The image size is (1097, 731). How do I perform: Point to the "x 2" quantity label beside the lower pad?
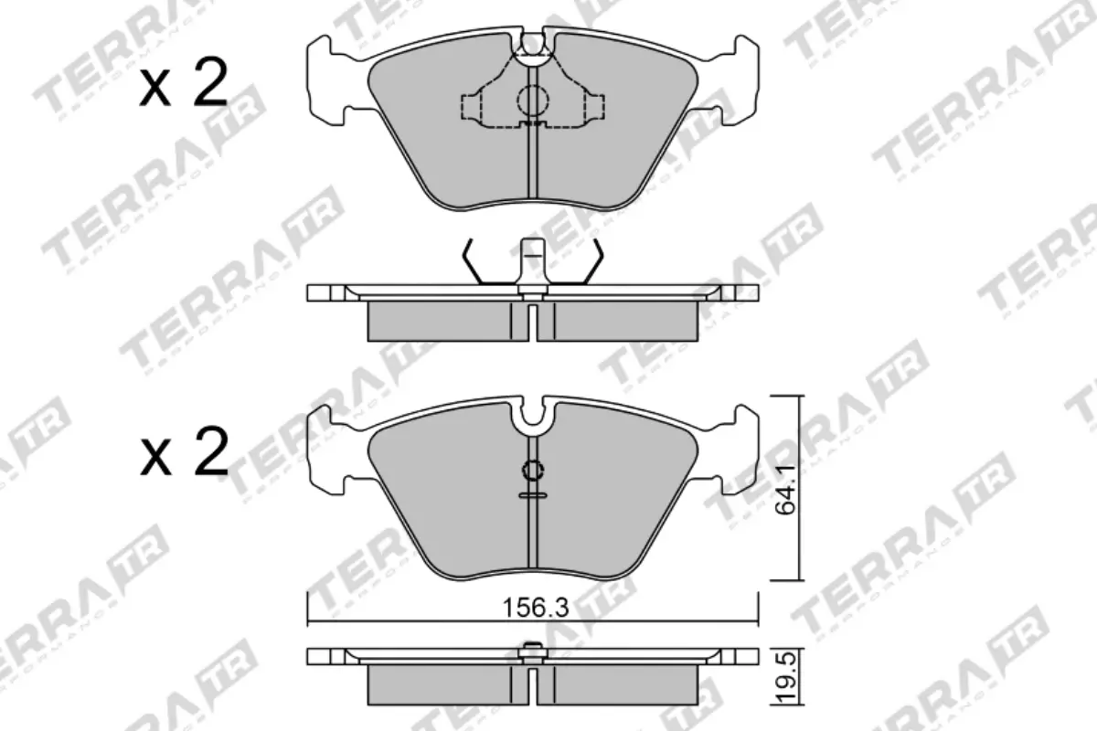(184, 453)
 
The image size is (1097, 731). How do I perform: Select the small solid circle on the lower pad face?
(532, 471)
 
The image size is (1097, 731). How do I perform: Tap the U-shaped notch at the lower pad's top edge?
(532, 417)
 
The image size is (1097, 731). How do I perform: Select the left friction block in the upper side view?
(436, 321)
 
